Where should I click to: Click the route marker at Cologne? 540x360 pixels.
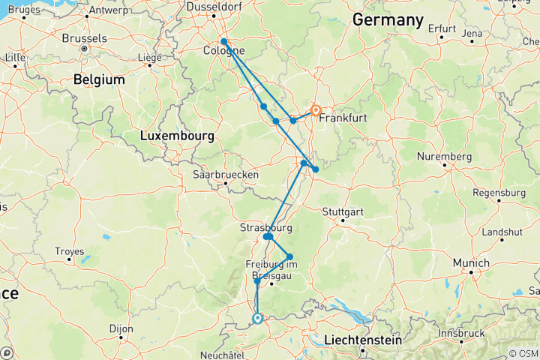pyautogui.click(x=224, y=42)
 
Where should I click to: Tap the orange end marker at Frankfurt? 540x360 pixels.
pyautogui.click(x=316, y=109)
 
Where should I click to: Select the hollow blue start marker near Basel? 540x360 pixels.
pyautogui.click(x=257, y=319)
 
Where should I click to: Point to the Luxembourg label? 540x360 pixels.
pyautogui.click(x=177, y=136)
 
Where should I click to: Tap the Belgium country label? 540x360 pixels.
pyautogui.click(x=98, y=79)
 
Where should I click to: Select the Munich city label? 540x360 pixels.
pyautogui.click(x=470, y=263)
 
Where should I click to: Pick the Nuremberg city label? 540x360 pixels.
pyautogui.click(x=445, y=157)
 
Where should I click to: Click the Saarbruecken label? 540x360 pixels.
pyautogui.click(x=225, y=174)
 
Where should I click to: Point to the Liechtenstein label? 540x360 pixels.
pyautogui.click(x=370, y=340)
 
